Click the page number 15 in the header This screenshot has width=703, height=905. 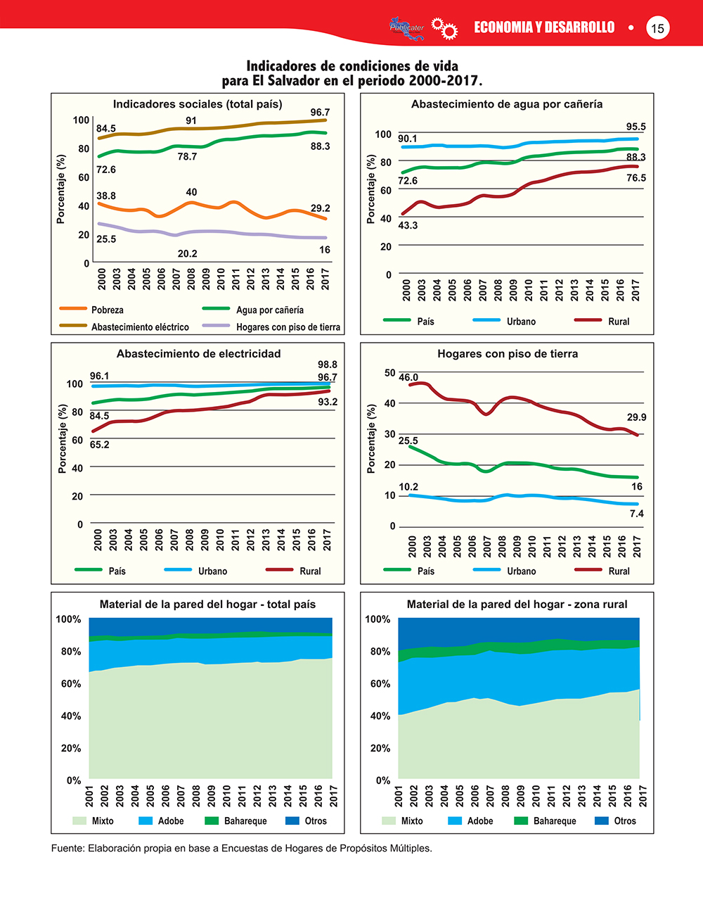(x=657, y=28)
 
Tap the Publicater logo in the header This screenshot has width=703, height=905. (x=407, y=27)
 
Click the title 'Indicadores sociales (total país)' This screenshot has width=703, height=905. (x=198, y=104)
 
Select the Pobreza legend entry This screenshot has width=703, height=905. (x=107, y=310)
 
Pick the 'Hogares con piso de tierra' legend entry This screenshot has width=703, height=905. (x=288, y=327)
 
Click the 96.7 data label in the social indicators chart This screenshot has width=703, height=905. (x=320, y=113)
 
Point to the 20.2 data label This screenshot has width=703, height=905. (x=188, y=253)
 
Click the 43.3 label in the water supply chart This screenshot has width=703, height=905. (x=408, y=225)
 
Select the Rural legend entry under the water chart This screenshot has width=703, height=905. (x=619, y=322)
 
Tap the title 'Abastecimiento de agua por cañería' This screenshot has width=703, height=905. (x=507, y=104)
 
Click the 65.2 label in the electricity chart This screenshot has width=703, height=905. (x=99, y=445)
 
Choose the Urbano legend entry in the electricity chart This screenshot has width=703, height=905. (x=212, y=571)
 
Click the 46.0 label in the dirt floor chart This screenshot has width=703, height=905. (x=408, y=378)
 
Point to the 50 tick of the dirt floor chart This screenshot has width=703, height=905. (x=389, y=372)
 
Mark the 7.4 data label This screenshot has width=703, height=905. (x=636, y=514)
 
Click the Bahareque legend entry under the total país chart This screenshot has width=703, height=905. (x=245, y=821)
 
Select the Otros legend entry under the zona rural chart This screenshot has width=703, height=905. (x=625, y=821)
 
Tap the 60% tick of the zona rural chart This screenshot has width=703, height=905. (x=378, y=684)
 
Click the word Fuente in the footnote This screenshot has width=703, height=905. (x=67, y=848)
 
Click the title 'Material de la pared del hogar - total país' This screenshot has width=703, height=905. (x=208, y=605)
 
